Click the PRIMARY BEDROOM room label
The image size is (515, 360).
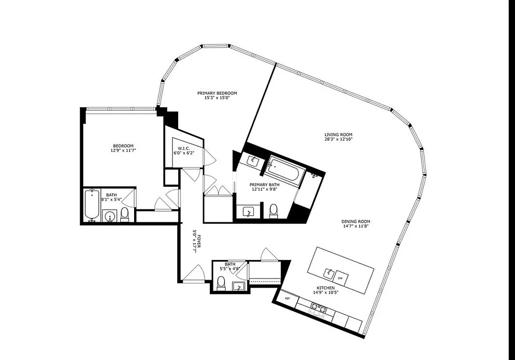(x=217, y=93)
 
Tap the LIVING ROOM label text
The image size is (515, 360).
(x=338, y=135)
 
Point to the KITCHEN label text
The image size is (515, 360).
(x=325, y=288)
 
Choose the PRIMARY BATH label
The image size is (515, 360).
(x=264, y=184)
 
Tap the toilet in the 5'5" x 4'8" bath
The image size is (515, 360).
(x=221, y=283)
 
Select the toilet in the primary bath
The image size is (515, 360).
(x=273, y=211)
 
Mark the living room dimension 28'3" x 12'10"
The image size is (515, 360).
(x=338, y=139)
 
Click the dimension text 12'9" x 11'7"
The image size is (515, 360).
(x=123, y=150)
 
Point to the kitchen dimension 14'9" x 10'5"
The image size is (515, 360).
(x=325, y=293)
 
